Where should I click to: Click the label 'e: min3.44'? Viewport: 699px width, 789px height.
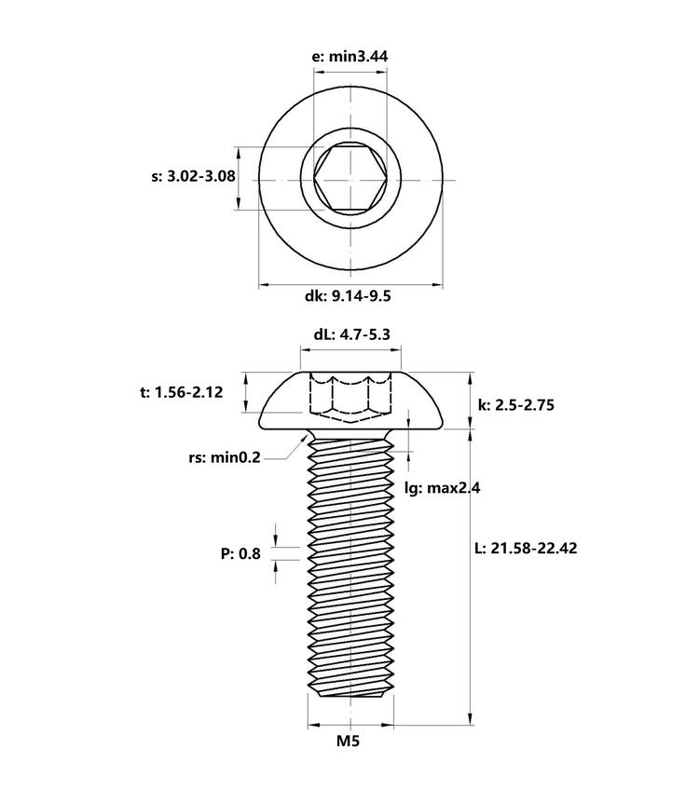tap(350, 56)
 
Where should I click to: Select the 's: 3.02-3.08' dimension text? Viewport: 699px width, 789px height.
tap(193, 177)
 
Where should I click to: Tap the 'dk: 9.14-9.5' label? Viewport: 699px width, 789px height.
tap(348, 296)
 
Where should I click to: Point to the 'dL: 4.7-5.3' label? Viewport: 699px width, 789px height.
tap(351, 334)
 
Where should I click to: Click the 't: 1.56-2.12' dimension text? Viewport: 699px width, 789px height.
tap(182, 392)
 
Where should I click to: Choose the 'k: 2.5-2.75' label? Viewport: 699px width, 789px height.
tap(516, 405)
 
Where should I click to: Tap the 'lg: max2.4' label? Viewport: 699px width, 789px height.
tap(443, 487)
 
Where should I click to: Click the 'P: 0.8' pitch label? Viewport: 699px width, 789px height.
tap(240, 554)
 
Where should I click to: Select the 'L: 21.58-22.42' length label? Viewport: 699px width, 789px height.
tap(527, 548)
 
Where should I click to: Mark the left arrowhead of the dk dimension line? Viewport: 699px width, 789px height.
tap(265, 285)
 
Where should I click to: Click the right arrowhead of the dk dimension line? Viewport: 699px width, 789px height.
tap(436, 285)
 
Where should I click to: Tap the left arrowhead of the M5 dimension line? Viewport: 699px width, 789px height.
tap(314, 725)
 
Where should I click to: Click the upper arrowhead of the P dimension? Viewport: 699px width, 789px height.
tap(276, 540)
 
